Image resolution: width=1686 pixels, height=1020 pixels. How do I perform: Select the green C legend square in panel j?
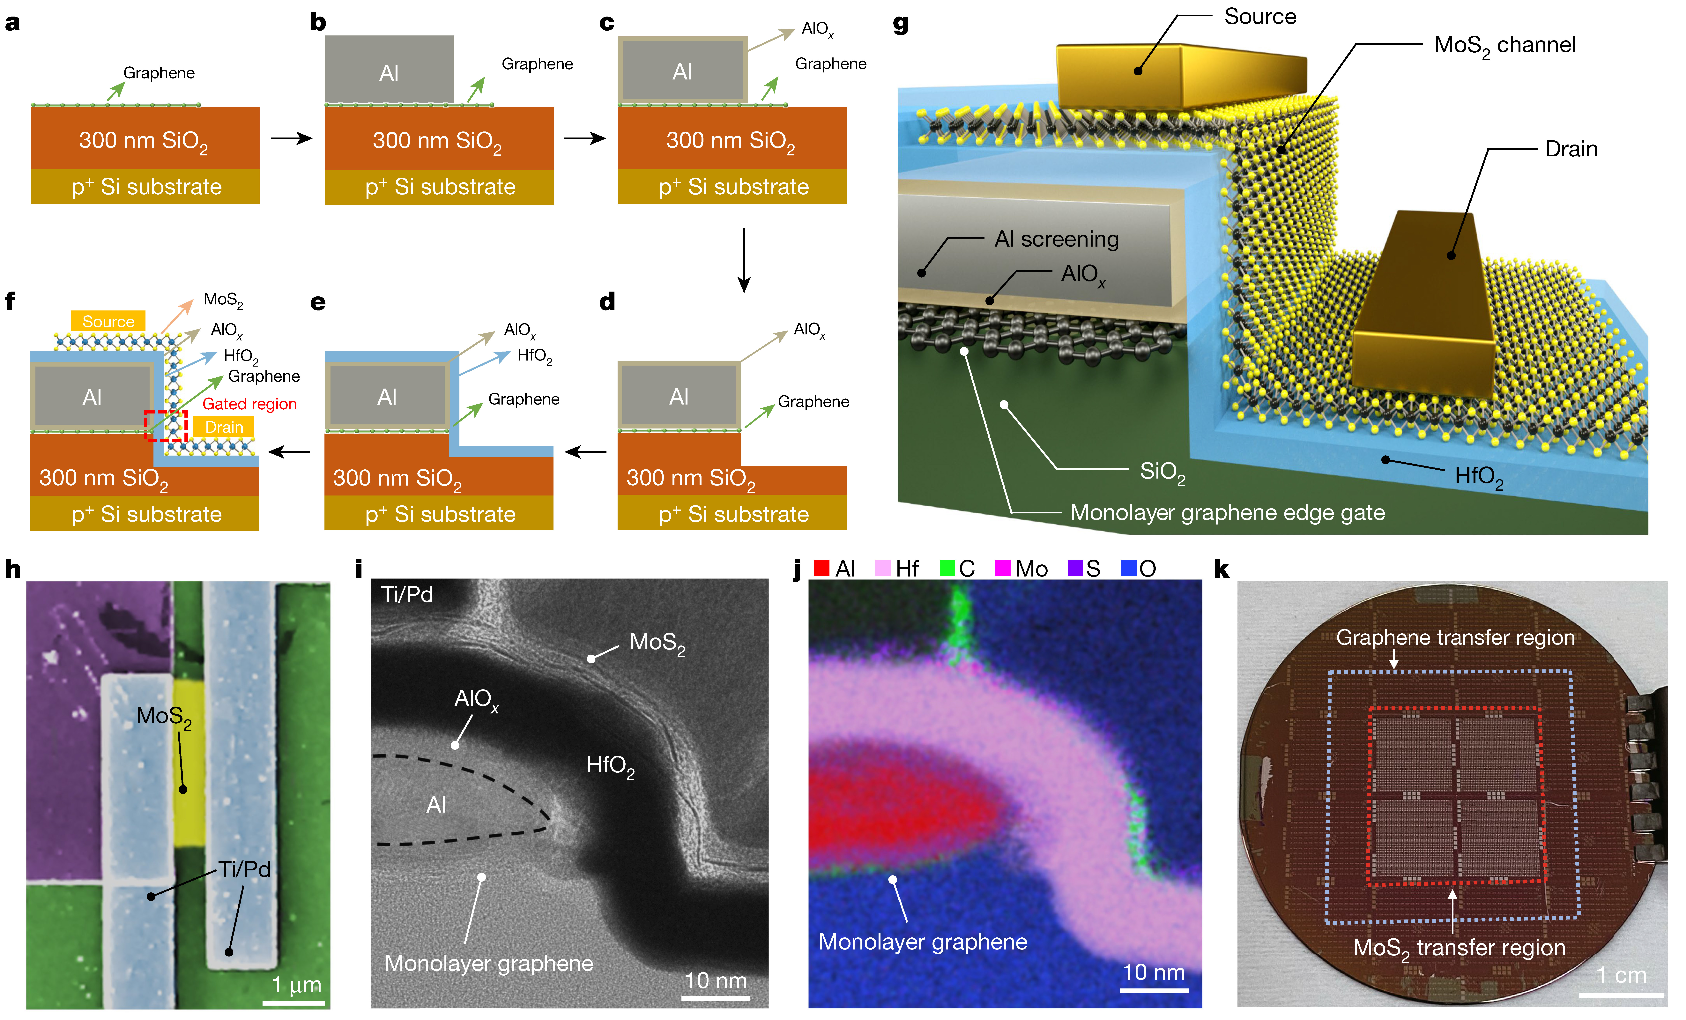click(x=947, y=569)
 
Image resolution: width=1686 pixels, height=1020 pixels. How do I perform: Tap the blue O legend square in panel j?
click(x=1129, y=569)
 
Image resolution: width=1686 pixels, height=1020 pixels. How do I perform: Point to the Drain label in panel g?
click(x=1571, y=149)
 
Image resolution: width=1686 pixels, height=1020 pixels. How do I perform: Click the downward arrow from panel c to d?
click(x=744, y=260)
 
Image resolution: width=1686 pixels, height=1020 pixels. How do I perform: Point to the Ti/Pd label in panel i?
click(x=407, y=594)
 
